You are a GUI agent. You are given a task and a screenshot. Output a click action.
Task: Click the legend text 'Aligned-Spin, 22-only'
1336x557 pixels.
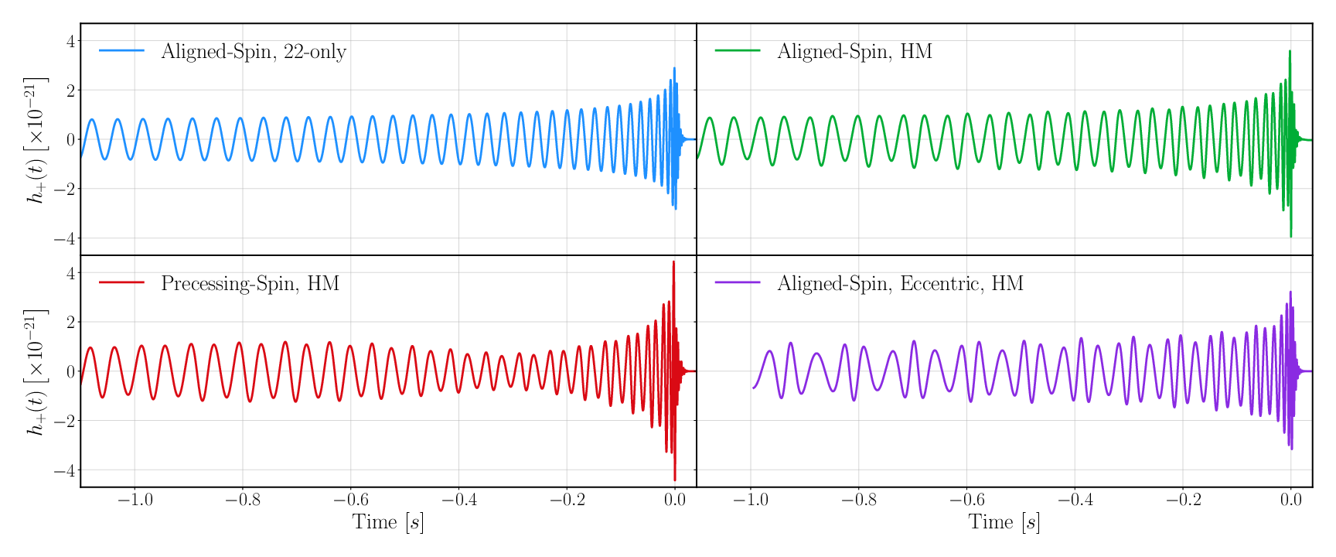(253, 52)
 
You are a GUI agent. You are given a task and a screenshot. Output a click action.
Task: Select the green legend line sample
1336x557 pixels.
(738, 51)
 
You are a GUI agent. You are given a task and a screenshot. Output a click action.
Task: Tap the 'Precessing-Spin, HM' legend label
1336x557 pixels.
(250, 283)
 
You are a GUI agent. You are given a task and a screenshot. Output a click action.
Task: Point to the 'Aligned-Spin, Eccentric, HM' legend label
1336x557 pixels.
(900, 283)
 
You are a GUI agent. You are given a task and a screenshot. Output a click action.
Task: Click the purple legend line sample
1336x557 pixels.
(738, 282)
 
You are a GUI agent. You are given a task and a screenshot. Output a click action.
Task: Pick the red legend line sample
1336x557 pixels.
(121, 282)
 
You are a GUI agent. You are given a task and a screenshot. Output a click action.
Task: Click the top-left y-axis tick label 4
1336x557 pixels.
(70, 41)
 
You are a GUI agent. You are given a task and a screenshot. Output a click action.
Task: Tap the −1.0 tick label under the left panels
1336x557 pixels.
(135, 500)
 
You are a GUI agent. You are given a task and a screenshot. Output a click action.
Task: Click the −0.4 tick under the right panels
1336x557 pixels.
(1074, 500)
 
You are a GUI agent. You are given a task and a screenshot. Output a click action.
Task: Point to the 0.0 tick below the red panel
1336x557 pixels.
(674, 500)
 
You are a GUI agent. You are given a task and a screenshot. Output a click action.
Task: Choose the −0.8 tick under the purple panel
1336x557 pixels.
(858, 500)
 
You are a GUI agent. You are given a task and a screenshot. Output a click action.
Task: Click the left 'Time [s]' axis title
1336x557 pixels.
(388, 522)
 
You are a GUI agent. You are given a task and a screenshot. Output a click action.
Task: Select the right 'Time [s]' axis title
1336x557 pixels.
(1004, 522)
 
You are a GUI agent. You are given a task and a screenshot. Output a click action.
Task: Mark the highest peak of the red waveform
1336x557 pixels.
(673, 262)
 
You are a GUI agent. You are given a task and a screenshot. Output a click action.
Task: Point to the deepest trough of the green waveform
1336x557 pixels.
(1290, 236)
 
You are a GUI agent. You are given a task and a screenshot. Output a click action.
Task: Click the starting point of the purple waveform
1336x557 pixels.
(753, 388)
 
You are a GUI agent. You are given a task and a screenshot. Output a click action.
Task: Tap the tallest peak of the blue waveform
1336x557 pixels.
(674, 68)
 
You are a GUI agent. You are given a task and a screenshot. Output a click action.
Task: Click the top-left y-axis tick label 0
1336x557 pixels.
(70, 140)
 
